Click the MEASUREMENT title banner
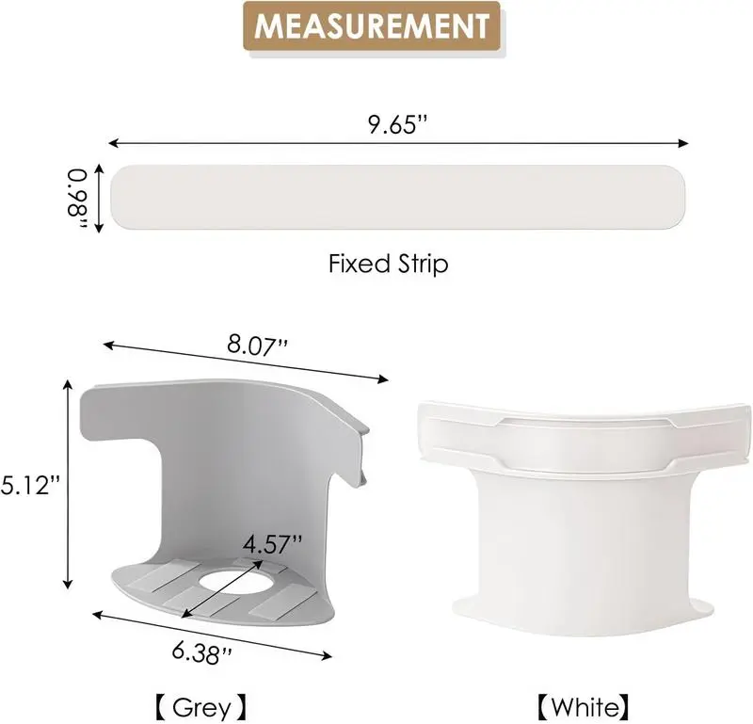tap(372, 26)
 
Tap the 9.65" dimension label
tap(397, 125)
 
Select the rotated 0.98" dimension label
tap(77, 198)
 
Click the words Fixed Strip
tap(388, 264)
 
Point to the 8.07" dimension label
tap(257, 346)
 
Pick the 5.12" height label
tap(31, 485)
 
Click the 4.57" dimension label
tap(272, 545)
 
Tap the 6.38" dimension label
tap(202, 653)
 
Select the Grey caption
tap(201, 707)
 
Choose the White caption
tap(583, 707)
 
